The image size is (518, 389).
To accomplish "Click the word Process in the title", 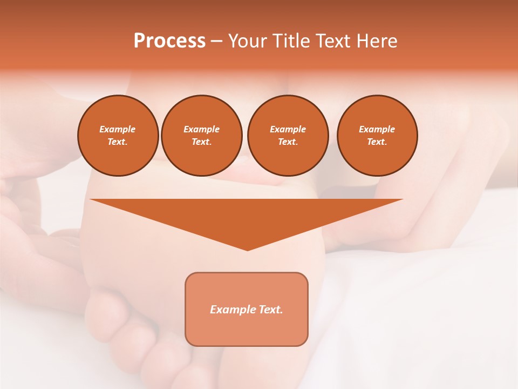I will point(169,41).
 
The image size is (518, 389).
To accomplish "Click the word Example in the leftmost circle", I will point(118,129).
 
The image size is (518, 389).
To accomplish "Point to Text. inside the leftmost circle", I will point(118,142).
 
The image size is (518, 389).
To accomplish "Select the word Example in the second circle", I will point(202,129).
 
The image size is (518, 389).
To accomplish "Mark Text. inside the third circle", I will point(288,142).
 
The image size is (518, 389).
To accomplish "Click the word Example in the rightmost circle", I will point(377,129).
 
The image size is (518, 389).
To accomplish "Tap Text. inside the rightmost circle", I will point(377,142).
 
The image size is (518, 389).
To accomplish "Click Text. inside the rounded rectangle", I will point(270,310).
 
